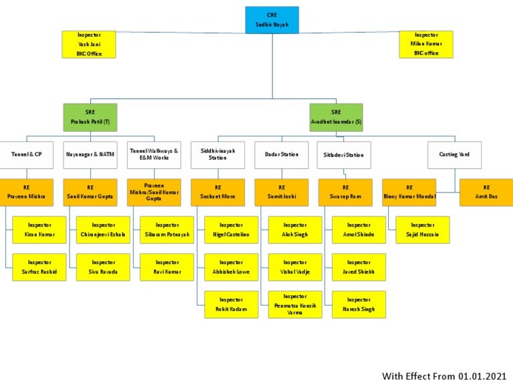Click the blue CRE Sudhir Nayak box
(x=272, y=19)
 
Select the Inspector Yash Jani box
(x=89, y=44)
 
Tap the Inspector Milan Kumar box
(x=425, y=44)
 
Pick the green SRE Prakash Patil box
(x=90, y=117)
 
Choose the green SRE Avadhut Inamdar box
(x=336, y=117)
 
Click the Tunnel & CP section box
(x=26, y=154)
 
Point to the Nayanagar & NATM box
(x=90, y=154)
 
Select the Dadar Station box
(x=281, y=154)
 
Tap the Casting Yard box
(x=454, y=154)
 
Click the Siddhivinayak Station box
(x=218, y=154)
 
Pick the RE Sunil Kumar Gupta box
(x=90, y=192)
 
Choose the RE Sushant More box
(x=218, y=192)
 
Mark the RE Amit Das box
(x=486, y=192)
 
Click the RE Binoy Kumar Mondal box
(x=409, y=192)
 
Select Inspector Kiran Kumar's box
(x=39, y=230)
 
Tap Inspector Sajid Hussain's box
(x=422, y=230)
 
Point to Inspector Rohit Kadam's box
(x=231, y=305)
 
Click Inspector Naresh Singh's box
(x=359, y=305)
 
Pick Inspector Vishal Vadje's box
(x=295, y=267)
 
